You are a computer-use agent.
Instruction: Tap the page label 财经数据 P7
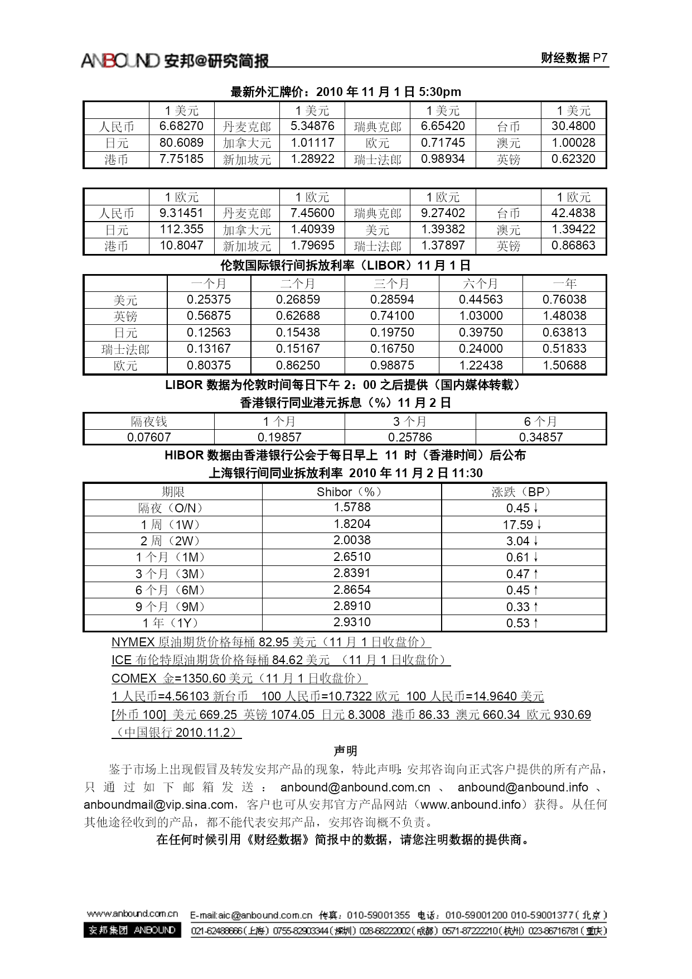pyautogui.click(x=574, y=58)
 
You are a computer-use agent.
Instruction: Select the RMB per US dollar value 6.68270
pyautogui.click(x=181, y=126)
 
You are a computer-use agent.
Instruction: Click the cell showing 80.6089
pyautogui.click(x=181, y=143)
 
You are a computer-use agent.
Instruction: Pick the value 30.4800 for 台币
pyautogui.click(x=573, y=126)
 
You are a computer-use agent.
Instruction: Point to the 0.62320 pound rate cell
pyautogui.click(x=573, y=159)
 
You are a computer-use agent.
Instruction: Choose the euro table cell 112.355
pyautogui.click(x=181, y=229)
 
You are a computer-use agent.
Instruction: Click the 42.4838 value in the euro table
pyautogui.click(x=573, y=213)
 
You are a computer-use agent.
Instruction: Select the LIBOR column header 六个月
pyautogui.click(x=481, y=284)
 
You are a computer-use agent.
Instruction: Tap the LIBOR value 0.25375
pyautogui.click(x=209, y=300)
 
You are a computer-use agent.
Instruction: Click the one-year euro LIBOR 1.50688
pyautogui.click(x=564, y=366)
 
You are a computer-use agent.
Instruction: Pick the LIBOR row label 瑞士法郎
pyautogui.click(x=125, y=349)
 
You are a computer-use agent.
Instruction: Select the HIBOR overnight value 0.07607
pyautogui.click(x=149, y=437)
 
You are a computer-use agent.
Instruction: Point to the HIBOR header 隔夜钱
pyautogui.click(x=149, y=421)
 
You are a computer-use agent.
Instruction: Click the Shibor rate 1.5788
pyautogui.click(x=352, y=507)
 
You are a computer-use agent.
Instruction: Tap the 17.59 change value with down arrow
pyautogui.click(x=522, y=525)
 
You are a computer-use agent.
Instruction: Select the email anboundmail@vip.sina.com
pyautogui.click(x=159, y=805)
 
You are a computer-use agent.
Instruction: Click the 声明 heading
pyautogui.click(x=345, y=751)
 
